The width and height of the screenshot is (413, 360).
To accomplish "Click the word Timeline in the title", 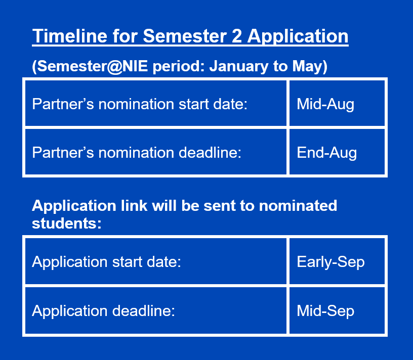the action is [x=70, y=36].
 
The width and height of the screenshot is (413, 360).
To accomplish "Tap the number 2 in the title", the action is [x=237, y=36].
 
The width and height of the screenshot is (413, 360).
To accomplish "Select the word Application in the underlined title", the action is [x=298, y=36].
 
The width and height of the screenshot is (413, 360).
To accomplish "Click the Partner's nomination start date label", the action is [x=140, y=104].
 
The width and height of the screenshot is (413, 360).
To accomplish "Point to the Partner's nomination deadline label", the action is [x=137, y=153].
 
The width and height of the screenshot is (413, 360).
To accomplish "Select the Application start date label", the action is [x=106, y=262].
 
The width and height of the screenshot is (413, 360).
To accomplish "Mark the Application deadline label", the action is [x=104, y=311].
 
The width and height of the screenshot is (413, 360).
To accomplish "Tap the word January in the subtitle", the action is [x=238, y=66].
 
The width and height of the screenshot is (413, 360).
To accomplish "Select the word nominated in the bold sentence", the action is [x=298, y=205].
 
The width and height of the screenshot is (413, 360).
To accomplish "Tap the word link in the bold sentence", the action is [x=134, y=205].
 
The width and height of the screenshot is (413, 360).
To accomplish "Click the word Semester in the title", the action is [x=185, y=36].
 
